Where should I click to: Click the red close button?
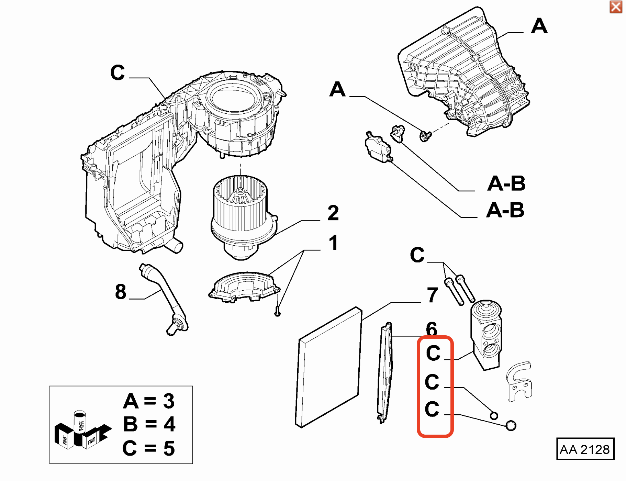[x=616, y=7]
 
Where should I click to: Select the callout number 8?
[x=121, y=292]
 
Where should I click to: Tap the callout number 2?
[x=333, y=213]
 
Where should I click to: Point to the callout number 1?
[x=333, y=243]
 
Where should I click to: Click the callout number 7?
[x=432, y=295]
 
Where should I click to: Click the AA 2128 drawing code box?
[x=585, y=449]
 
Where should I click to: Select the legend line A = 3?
[x=149, y=401]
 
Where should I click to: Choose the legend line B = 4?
[x=149, y=424]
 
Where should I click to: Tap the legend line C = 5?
[x=148, y=448]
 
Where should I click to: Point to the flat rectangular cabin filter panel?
[x=328, y=367]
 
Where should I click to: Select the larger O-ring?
[x=511, y=425]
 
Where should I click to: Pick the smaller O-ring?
[x=494, y=416]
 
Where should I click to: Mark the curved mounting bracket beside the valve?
[x=519, y=381]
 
